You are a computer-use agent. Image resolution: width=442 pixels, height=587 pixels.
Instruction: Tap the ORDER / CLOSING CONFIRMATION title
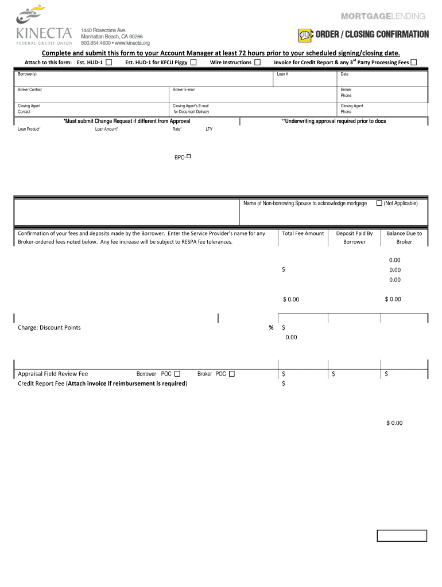[x=371, y=34]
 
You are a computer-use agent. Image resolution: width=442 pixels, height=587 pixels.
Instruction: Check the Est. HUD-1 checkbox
[x=108, y=62]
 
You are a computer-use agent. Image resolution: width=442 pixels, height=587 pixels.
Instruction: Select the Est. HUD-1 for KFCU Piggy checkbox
[x=193, y=62]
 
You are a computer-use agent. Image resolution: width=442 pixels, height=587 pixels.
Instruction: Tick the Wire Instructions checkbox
[x=258, y=62]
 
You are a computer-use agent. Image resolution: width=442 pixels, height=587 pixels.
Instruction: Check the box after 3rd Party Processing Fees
[x=414, y=62]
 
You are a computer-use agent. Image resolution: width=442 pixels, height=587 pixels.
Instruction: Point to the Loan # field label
[x=282, y=75]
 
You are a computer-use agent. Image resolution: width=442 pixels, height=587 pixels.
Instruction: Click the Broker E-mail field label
[x=184, y=90]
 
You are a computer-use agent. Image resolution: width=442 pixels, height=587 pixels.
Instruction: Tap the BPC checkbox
[x=189, y=156]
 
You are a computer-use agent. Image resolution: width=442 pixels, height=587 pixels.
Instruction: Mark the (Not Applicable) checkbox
[x=379, y=203]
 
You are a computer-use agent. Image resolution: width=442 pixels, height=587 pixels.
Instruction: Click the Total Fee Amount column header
[x=303, y=233]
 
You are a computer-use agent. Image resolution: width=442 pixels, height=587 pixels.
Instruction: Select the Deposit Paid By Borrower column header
[x=354, y=237]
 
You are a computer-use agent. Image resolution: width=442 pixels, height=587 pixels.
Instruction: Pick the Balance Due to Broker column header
[x=404, y=237]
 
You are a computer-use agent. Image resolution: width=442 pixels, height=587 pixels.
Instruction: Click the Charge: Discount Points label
[x=49, y=327]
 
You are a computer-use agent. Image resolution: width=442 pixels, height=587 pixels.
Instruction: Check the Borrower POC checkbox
[x=177, y=374]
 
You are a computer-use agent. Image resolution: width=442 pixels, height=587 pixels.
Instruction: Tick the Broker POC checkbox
[x=231, y=374]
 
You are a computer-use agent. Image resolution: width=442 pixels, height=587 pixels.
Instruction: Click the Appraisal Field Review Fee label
[x=53, y=374]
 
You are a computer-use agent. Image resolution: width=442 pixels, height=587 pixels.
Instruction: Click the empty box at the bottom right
[x=402, y=536]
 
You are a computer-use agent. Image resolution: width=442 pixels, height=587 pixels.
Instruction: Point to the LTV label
[x=209, y=129]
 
